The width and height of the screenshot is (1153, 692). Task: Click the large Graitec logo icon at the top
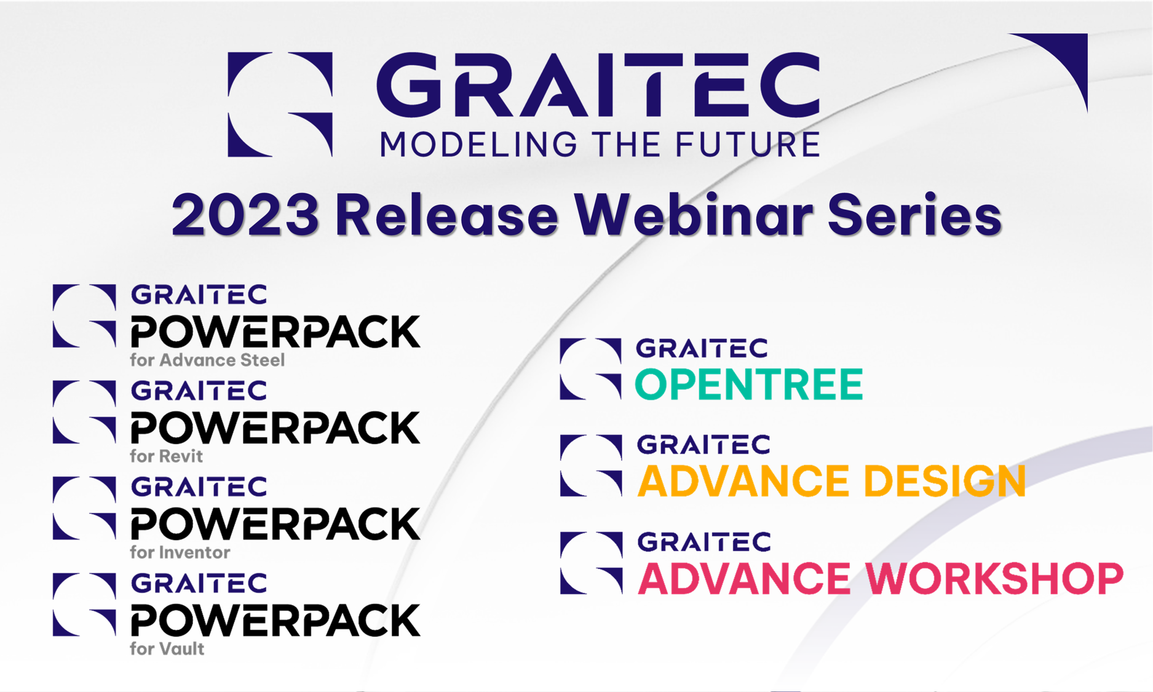pos(280,104)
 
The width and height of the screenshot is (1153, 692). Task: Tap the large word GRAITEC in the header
pos(598,84)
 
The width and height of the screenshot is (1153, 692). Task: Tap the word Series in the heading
pos(914,215)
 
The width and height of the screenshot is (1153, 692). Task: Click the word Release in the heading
pos(446,215)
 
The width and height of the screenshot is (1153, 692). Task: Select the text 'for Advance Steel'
pos(207,360)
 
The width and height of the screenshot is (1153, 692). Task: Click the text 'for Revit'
pos(166,456)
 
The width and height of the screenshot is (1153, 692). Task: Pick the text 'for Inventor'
pos(180,552)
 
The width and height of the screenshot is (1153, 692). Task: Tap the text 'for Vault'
pos(167,649)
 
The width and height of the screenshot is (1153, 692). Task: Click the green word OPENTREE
pos(748,384)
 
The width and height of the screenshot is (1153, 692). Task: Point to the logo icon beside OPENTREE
pos(590,369)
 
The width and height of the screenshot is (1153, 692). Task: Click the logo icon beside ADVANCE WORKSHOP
pos(591,563)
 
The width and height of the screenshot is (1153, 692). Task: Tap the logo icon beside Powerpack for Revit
pos(84,412)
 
